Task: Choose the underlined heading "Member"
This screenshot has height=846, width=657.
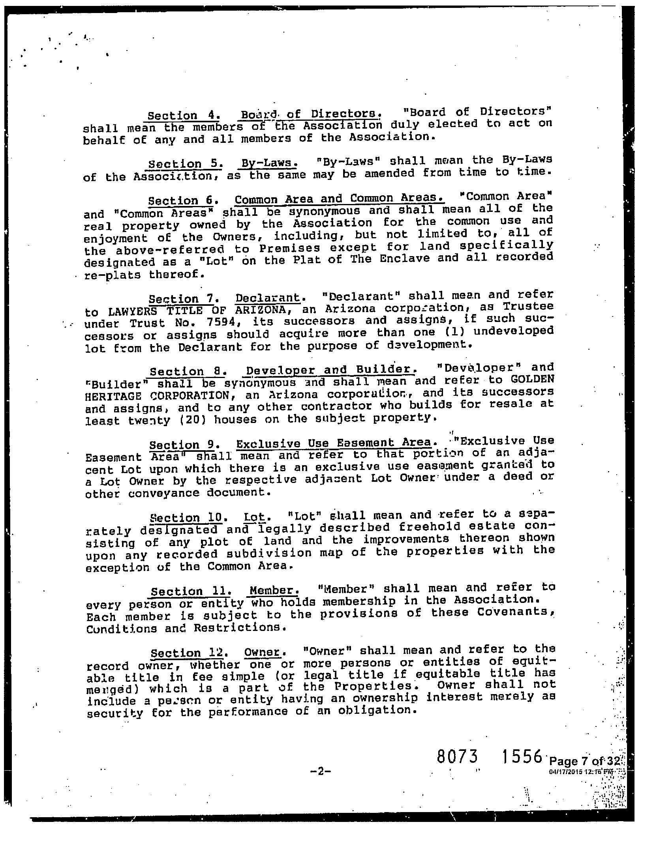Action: coord(273,591)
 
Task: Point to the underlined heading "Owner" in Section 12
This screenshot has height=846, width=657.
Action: coord(262,652)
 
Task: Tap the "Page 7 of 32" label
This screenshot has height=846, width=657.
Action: coord(585,760)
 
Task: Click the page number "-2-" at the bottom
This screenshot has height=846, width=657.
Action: coord(320,771)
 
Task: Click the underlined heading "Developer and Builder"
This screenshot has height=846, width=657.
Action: coord(330,370)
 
